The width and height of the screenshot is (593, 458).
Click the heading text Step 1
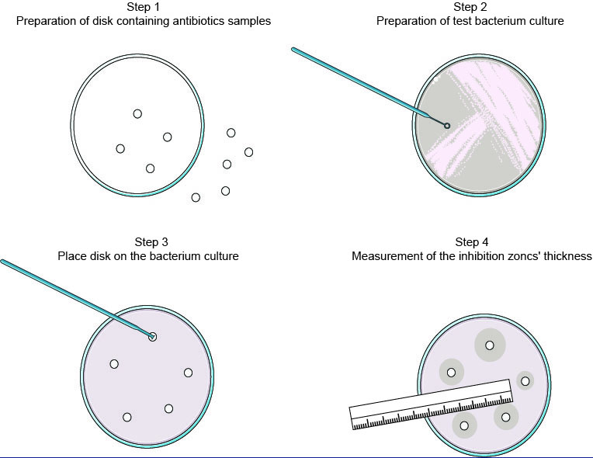(144, 8)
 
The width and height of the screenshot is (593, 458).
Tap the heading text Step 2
(470, 8)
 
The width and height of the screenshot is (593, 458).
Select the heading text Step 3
(147, 242)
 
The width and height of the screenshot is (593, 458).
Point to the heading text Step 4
(472, 242)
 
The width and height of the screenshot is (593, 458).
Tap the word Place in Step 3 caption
(71, 255)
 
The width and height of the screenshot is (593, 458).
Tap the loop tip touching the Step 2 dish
(447, 126)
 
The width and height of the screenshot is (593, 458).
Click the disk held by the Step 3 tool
(153, 336)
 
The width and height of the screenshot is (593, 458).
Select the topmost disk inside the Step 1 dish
(137, 113)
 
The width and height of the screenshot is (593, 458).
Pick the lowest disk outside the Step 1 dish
(196, 198)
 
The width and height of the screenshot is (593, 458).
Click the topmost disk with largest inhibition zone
(490, 345)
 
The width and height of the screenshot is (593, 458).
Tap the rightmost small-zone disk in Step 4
(525, 380)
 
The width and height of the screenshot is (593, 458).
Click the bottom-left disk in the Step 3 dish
(127, 417)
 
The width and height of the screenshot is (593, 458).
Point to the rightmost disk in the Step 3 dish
(188, 373)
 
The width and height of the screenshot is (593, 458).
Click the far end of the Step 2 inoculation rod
(294, 50)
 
